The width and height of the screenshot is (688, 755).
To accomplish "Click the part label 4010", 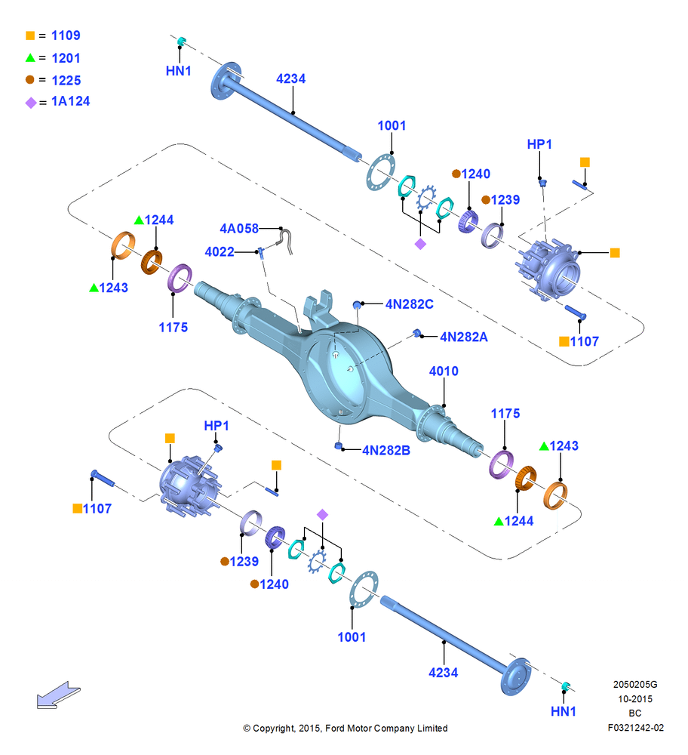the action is [x=444, y=371].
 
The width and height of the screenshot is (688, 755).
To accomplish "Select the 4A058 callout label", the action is [x=239, y=228].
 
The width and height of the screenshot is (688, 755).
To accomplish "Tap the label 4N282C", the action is [x=410, y=304].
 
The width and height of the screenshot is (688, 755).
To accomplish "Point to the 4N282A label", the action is [x=464, y=337].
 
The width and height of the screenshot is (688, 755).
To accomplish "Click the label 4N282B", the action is [x=386, y=450].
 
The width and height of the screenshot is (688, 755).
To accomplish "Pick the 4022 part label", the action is [x=220, y=252].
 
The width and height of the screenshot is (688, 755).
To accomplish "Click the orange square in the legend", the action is [x=30, y=35].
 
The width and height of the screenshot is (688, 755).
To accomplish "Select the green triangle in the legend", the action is [x=30, y=58].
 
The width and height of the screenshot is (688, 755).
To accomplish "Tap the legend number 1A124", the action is [x=71, y=101].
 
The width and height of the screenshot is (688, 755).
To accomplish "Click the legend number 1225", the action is [x=66, y=81].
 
